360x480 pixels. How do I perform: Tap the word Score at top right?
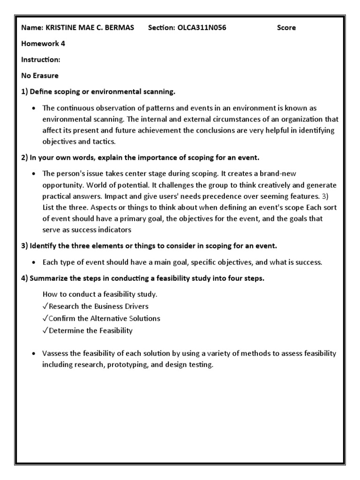pos(286,28)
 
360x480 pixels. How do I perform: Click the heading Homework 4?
pos(43,44)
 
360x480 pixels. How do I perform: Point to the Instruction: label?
pos(41,60)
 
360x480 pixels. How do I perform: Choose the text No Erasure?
pos(40,75)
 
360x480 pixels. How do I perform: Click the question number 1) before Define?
pos(25,91)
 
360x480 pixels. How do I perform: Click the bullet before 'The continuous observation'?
pos(34,108)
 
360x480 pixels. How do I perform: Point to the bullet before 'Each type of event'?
pos(34,262)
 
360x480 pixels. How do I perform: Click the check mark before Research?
pos(45,307)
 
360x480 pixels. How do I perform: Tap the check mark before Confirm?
pos(45,319)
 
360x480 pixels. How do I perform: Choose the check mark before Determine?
pos(45,331)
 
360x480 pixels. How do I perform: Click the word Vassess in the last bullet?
pos(55,353)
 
